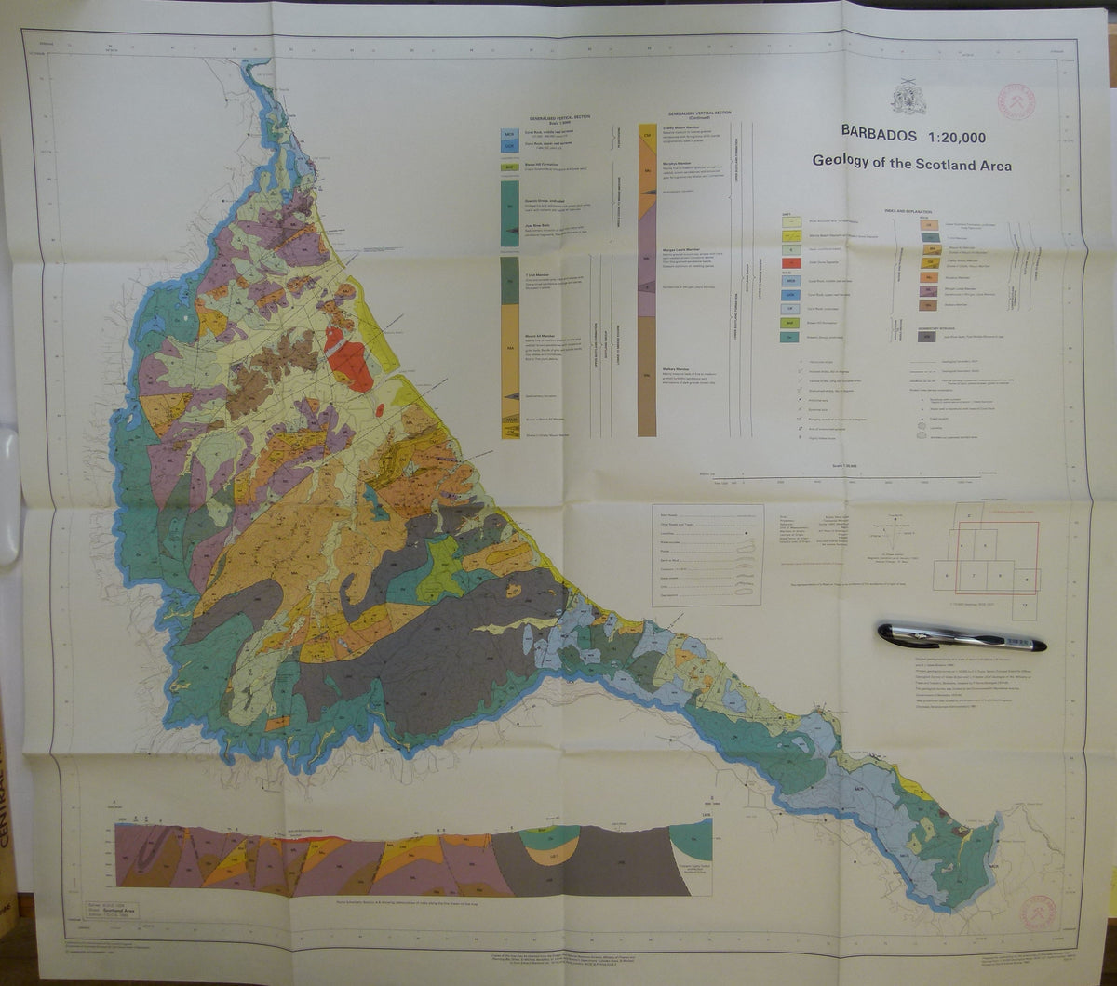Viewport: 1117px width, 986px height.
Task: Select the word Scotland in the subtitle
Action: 936,164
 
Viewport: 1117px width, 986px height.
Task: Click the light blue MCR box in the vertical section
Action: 509,134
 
